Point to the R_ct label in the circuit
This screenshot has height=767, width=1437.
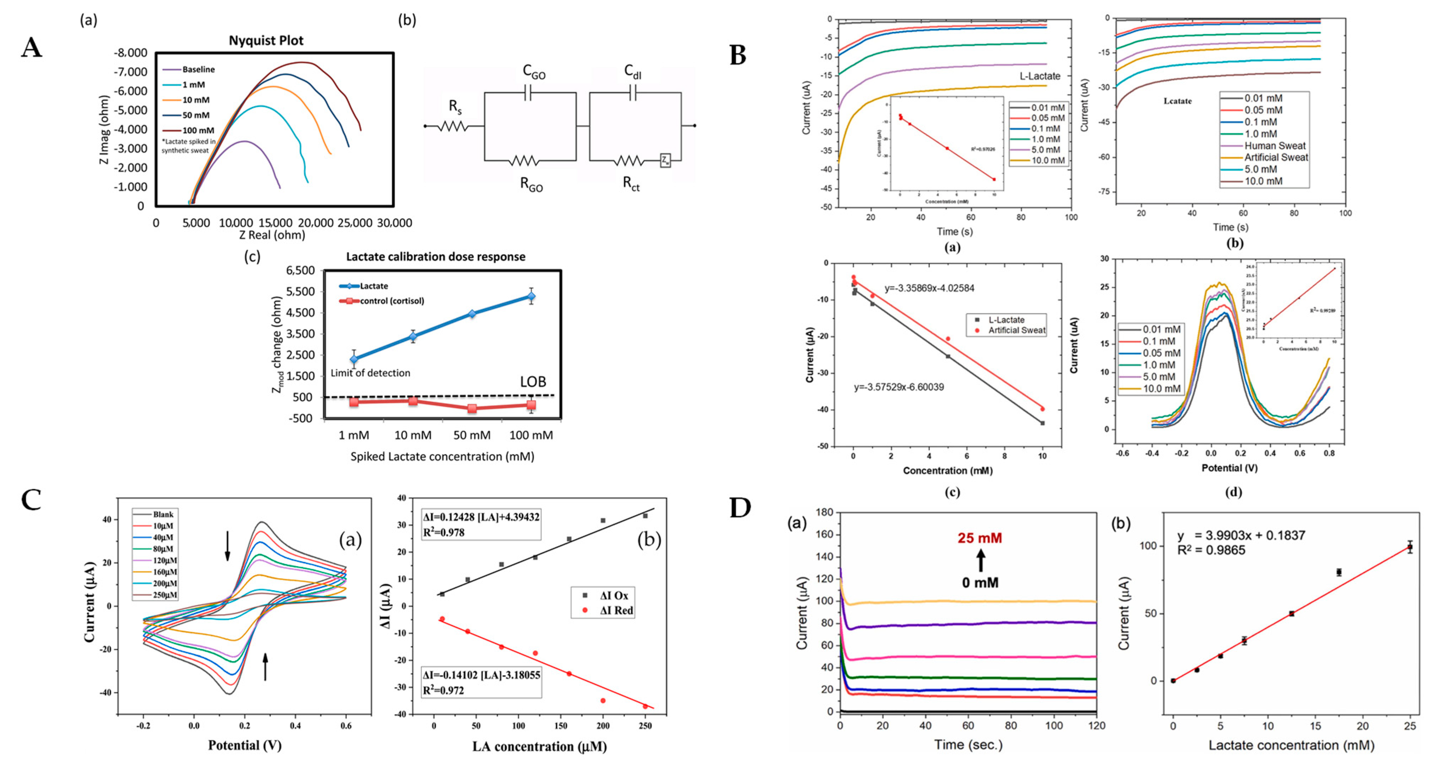[631, 184]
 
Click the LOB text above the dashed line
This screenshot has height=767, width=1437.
[533, 382]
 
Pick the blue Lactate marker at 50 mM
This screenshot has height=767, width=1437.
[472, 314]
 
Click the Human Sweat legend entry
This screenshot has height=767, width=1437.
[1275, 146]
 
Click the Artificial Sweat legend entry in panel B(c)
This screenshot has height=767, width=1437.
[1017, 330]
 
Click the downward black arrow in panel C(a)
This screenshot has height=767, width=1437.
[227, 546]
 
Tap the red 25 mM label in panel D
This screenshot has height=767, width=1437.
[980, 538]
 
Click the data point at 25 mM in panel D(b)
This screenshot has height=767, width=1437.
[1410, 547]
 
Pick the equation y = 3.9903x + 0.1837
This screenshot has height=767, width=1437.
[1241, 535]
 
